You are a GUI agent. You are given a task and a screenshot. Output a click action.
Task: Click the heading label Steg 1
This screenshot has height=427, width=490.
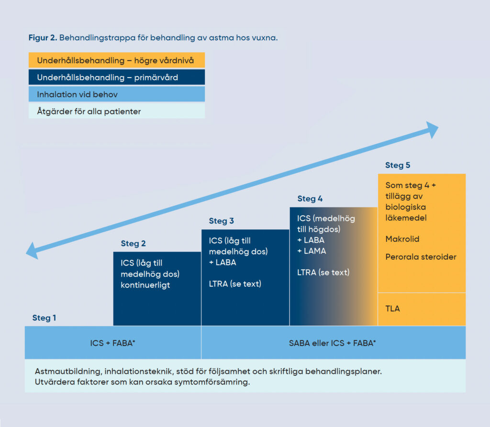tap(44, 318)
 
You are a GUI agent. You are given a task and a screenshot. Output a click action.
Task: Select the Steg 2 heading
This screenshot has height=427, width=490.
tap(133, 244)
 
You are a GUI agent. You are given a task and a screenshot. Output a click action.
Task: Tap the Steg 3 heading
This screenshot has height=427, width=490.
tap(221, 221)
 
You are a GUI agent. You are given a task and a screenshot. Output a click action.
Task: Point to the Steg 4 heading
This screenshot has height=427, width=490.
tap(310, 199)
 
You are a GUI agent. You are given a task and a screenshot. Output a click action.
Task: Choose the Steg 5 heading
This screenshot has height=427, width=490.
tap(398, 165)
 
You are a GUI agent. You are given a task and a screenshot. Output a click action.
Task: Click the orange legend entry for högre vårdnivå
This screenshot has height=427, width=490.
tap(116, 60)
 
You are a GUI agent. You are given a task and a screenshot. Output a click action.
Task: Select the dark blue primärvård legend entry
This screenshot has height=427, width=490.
tap(116, 78)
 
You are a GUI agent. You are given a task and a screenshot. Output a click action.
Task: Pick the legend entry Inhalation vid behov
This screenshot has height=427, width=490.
tap(116, 94)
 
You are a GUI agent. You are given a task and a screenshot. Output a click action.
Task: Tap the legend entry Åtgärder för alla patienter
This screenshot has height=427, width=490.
tap(116, 112)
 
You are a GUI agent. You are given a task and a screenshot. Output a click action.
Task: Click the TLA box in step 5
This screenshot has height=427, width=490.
tap(421, 309)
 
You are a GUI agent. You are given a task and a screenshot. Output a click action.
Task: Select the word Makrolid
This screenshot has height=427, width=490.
tap(402, 239)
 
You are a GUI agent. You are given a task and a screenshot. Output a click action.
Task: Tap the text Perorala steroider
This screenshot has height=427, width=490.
tap(421, 257)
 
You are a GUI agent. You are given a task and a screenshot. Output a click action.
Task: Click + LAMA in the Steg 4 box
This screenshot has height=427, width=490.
tap(312, 251)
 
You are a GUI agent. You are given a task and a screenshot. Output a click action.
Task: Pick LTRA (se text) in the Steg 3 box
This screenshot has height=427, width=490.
tap(235, 284)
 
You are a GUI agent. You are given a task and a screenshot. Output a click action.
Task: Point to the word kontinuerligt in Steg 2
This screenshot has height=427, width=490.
tap(145, 285)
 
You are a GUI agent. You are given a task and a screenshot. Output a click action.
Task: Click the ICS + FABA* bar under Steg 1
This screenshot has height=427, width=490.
tap(113, 343)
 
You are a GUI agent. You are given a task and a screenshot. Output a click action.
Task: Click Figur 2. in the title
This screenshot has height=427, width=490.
tap(43, 37)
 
